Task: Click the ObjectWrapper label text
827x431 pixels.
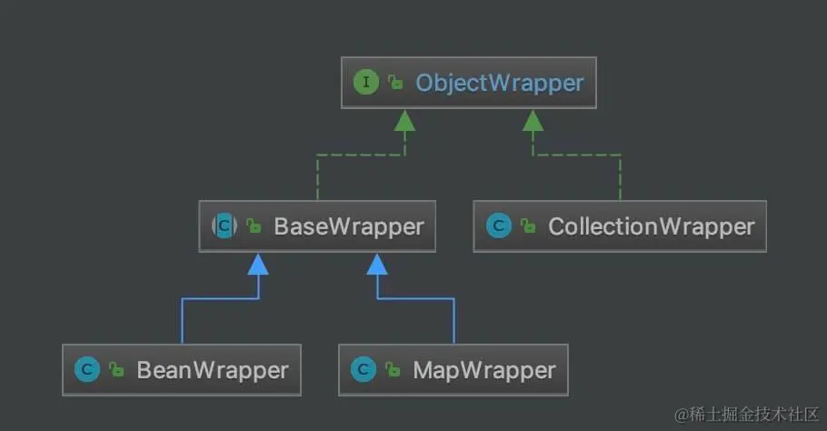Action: coord(499,83)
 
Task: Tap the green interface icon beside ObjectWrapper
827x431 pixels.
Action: coord(365,83)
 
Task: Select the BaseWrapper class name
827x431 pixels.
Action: coord(349,226)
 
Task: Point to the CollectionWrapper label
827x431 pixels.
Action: coord(651,226)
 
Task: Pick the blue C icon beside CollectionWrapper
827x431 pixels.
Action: coord(498,226)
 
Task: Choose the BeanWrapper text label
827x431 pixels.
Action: coord(213,370)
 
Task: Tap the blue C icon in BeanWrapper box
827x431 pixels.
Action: coord(87,370)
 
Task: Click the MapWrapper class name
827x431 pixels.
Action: coord(483,370)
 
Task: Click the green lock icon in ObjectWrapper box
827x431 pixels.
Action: coord(395,84)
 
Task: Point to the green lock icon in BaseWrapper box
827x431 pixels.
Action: coord(254,226)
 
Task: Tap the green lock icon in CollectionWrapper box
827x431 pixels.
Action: coord(528,226)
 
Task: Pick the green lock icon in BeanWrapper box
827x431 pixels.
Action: coord(116,371)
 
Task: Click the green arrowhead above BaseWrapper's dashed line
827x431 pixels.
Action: coord(404,119)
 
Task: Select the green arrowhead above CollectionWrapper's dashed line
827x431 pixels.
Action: coord(533,119)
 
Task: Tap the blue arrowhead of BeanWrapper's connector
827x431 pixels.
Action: coord(258,264)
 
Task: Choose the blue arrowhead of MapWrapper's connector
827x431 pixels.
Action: coord(378,264)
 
